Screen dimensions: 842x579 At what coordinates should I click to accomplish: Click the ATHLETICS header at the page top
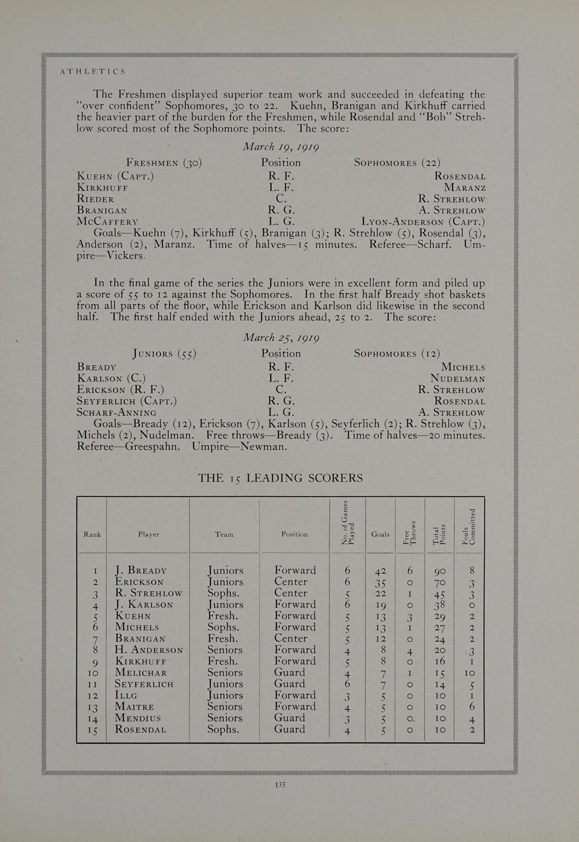coord(92,72)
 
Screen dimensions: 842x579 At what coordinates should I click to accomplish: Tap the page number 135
coord(281,785)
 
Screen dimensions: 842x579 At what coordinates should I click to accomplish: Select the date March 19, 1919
coord(281,147)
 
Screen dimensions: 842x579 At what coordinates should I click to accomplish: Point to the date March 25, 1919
coord(281,338)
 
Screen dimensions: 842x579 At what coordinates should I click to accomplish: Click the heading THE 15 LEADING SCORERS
coord(280,478)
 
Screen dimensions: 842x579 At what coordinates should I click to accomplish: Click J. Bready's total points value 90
coord(440,571)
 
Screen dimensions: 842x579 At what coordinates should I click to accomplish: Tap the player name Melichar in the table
coord(141,673)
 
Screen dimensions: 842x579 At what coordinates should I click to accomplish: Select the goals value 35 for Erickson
coord(380,583)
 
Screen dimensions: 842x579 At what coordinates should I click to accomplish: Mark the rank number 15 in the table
coord(93,730)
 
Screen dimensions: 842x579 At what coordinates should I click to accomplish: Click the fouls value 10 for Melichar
coord(470,673)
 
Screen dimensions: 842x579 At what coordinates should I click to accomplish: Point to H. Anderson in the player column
coord(149,650)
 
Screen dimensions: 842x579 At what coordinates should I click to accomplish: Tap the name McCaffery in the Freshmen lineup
coord(107,222)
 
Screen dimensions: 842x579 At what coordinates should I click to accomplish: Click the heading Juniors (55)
coord(164,354)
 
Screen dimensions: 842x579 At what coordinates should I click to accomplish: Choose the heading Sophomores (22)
coord(397,163)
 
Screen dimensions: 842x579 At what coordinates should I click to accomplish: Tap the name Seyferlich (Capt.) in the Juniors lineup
coord(127,401)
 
